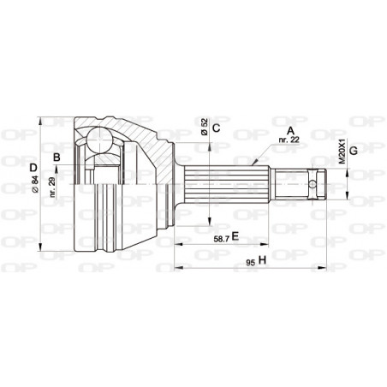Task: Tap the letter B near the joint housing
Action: [x=57, y=158]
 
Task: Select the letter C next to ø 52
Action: [x=216, y=129]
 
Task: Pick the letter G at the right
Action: [x=353, y=152]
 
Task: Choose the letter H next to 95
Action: [x=262, y=259]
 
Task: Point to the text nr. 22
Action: [x=287, y=141]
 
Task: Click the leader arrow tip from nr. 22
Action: [x=254, y=162]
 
